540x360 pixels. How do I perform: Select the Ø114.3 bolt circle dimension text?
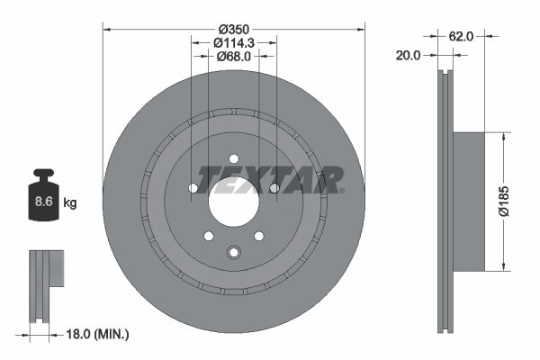[233, 41]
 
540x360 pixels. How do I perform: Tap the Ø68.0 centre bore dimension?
[233, 56]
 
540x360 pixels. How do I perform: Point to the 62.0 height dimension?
[461, 37]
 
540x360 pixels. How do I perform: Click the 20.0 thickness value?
[409, 56]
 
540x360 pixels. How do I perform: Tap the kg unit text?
[70, 203]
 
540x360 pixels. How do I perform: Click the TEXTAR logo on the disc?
[269, 178]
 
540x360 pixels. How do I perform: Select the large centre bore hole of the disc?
[234, 200]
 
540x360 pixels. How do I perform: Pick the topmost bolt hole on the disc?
[234, 158]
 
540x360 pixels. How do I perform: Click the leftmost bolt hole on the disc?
[193, 188]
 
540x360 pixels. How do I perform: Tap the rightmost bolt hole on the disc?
[274, 188]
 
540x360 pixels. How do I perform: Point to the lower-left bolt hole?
[209, 236]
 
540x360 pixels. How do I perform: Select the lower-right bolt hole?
[259, 236]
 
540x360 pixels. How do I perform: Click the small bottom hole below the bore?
[234, 251]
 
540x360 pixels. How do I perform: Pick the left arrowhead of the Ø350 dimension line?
[107, 29]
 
